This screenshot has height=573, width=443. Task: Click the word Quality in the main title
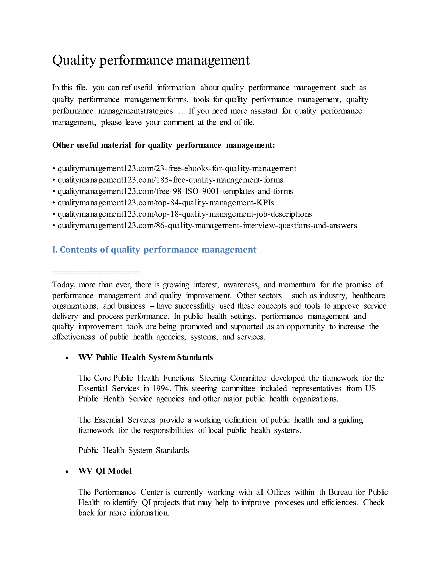click(74, 60)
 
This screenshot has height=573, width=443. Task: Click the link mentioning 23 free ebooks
click(177, 168)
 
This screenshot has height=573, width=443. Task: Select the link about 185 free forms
click(170, 180)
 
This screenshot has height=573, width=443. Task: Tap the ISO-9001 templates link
click(175, 191)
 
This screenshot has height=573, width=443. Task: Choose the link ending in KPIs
click(166, 203)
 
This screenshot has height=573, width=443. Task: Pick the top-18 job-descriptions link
click(185, 214)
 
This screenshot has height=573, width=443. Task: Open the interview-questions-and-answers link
click(207, 226)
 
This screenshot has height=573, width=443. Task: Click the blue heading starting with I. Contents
click(154, 250)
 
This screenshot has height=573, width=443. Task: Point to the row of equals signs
click(96, 272)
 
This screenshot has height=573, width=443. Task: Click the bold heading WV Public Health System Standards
click(145, 357)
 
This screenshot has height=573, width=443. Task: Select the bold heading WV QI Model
click(105, 471)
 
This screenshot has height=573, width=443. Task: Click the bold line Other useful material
click(164, 145)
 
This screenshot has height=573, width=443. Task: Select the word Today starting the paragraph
click(63, 285)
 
